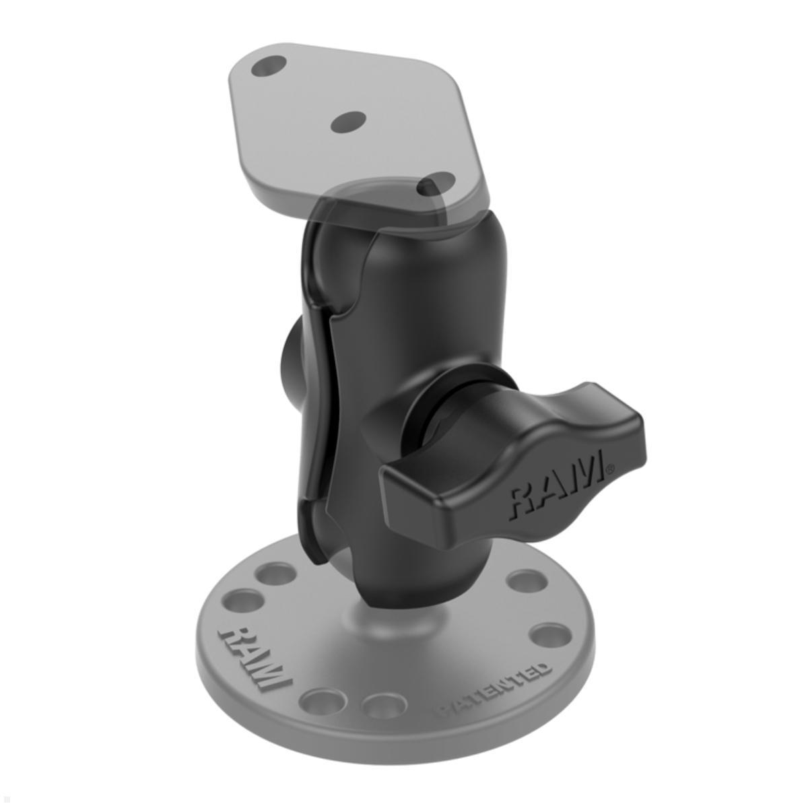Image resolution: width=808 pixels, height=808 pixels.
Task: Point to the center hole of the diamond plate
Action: click(349, 122)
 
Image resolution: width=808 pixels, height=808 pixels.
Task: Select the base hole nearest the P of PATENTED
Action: click(384, 705)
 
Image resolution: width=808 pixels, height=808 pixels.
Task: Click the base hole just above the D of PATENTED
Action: click(551, 634)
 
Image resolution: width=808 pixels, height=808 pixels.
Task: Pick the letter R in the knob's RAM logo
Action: click(523, 498)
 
